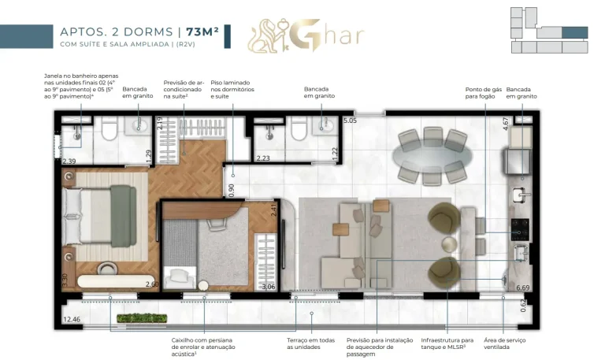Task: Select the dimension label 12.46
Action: point(71,319)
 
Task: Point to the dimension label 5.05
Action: point(350,121)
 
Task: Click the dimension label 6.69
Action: point(522,288)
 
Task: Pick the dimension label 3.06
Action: point(268,287)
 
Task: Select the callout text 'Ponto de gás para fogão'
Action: point(483,93)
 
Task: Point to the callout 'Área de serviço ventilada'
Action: point(525,343)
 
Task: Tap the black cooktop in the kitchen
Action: point(521,228)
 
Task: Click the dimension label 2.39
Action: point(69,161)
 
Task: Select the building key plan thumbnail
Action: point(548,31)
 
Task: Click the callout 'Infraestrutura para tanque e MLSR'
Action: point(446,343)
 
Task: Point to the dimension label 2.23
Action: point(263,158)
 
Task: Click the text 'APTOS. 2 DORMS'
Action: point(116,32)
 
